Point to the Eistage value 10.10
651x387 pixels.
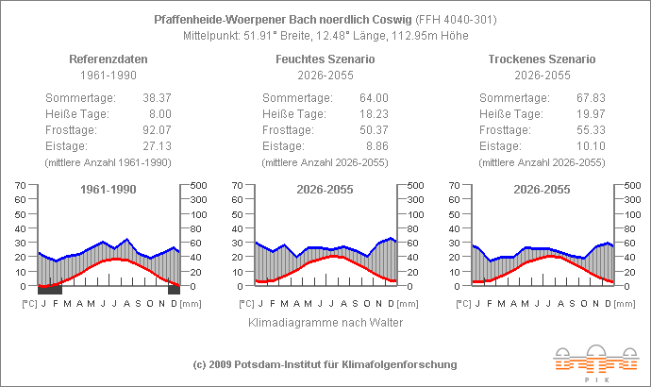pyautogui.click(x=590, y=146)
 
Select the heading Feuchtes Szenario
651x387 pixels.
pyautogui.click(x=325, y=59)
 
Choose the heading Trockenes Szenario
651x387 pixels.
pyautogui.click(x=542, y=59)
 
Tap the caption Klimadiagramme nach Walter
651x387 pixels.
pyautogui.click(x=325, y=323)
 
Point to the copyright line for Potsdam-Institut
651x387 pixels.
pyautogui.click(x=325, y=364)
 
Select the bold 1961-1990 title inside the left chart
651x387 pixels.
pyautogui.click(x=108, y=190)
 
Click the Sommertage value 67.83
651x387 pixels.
pyautogui.click(x=590, y=98)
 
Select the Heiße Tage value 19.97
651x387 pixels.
pyautogui.click(x=590, y=114)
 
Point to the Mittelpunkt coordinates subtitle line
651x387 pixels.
pyautogui.click(x=325, y=36)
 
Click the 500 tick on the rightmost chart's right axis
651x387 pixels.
pyautogui.click(x=633, y=185)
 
